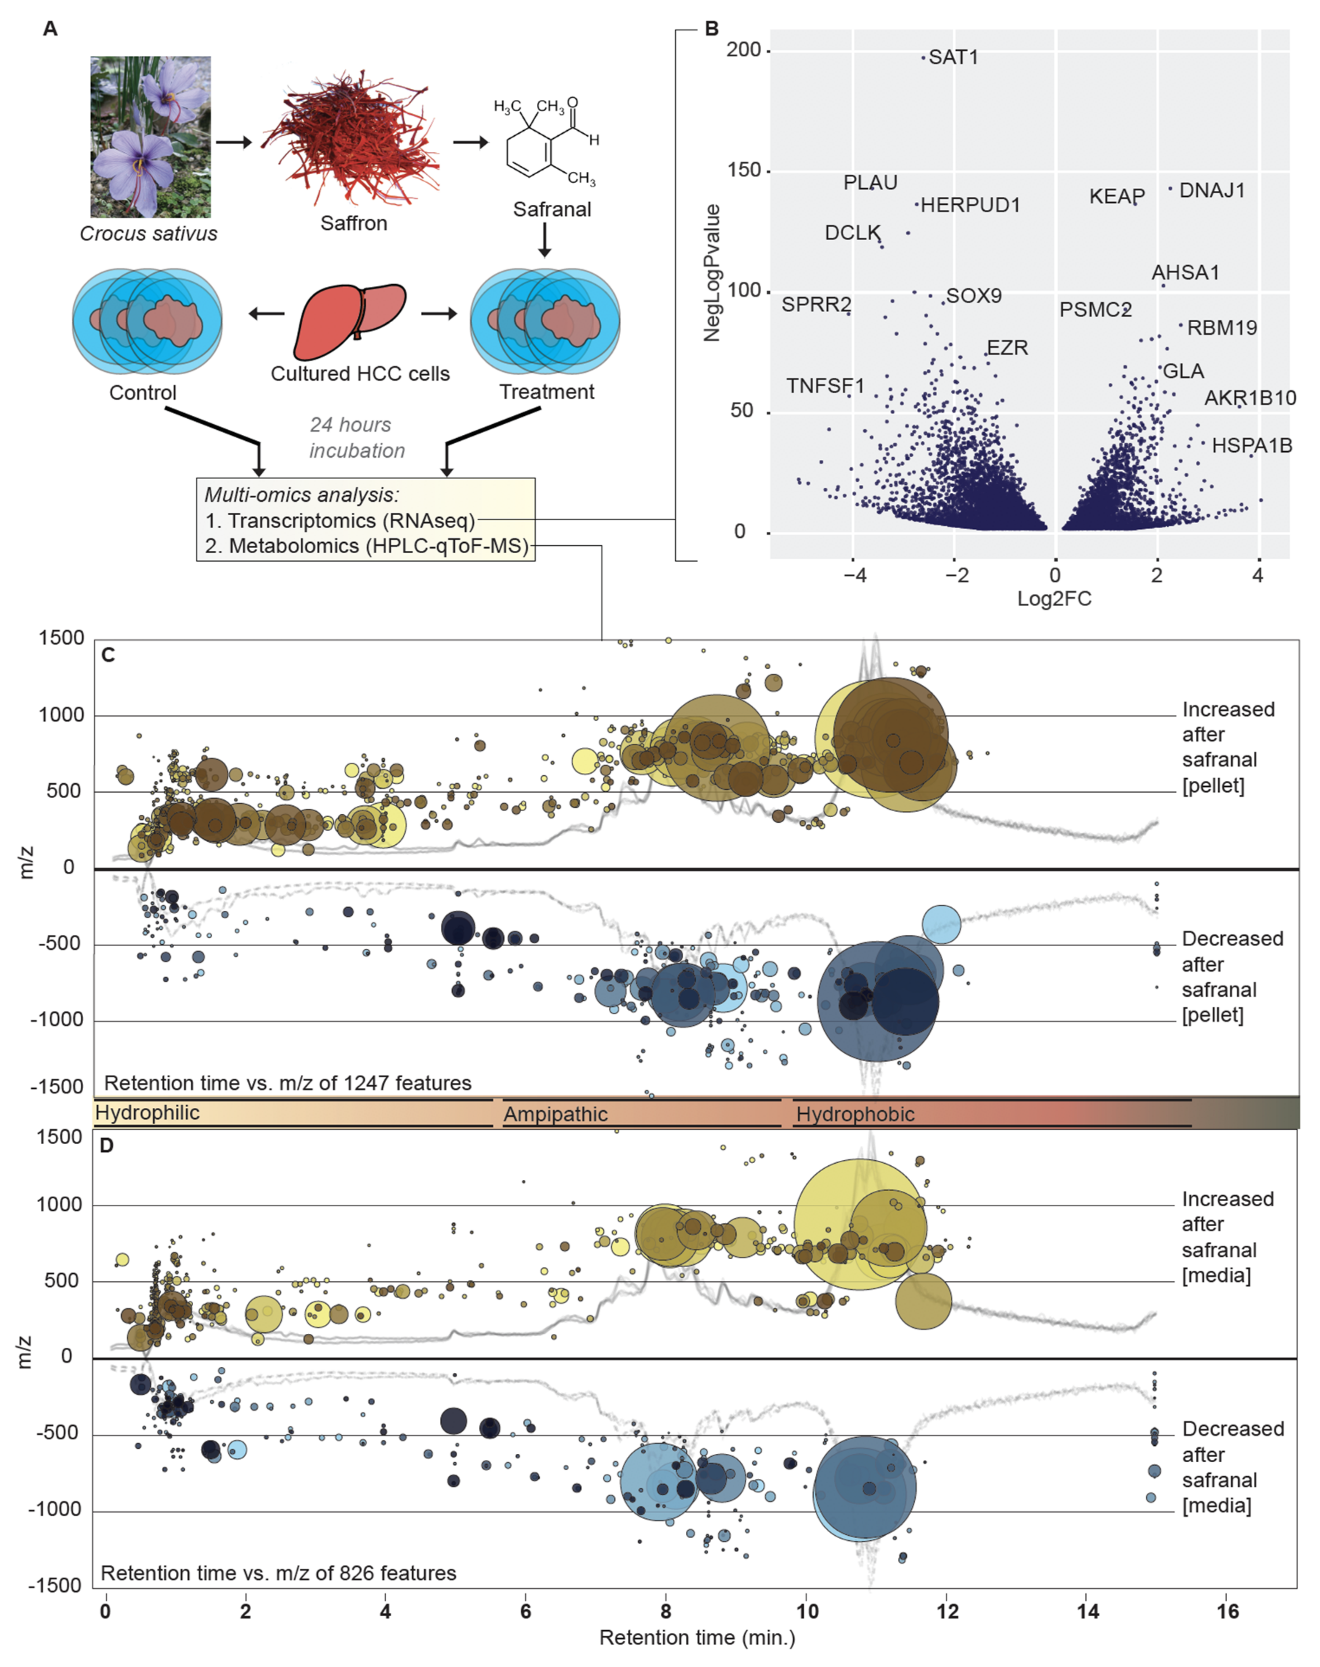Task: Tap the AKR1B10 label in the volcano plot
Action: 1250,398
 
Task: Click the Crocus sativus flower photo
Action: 150,137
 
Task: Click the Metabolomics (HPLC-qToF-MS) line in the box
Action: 367,546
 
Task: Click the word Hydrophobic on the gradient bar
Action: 855,1114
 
